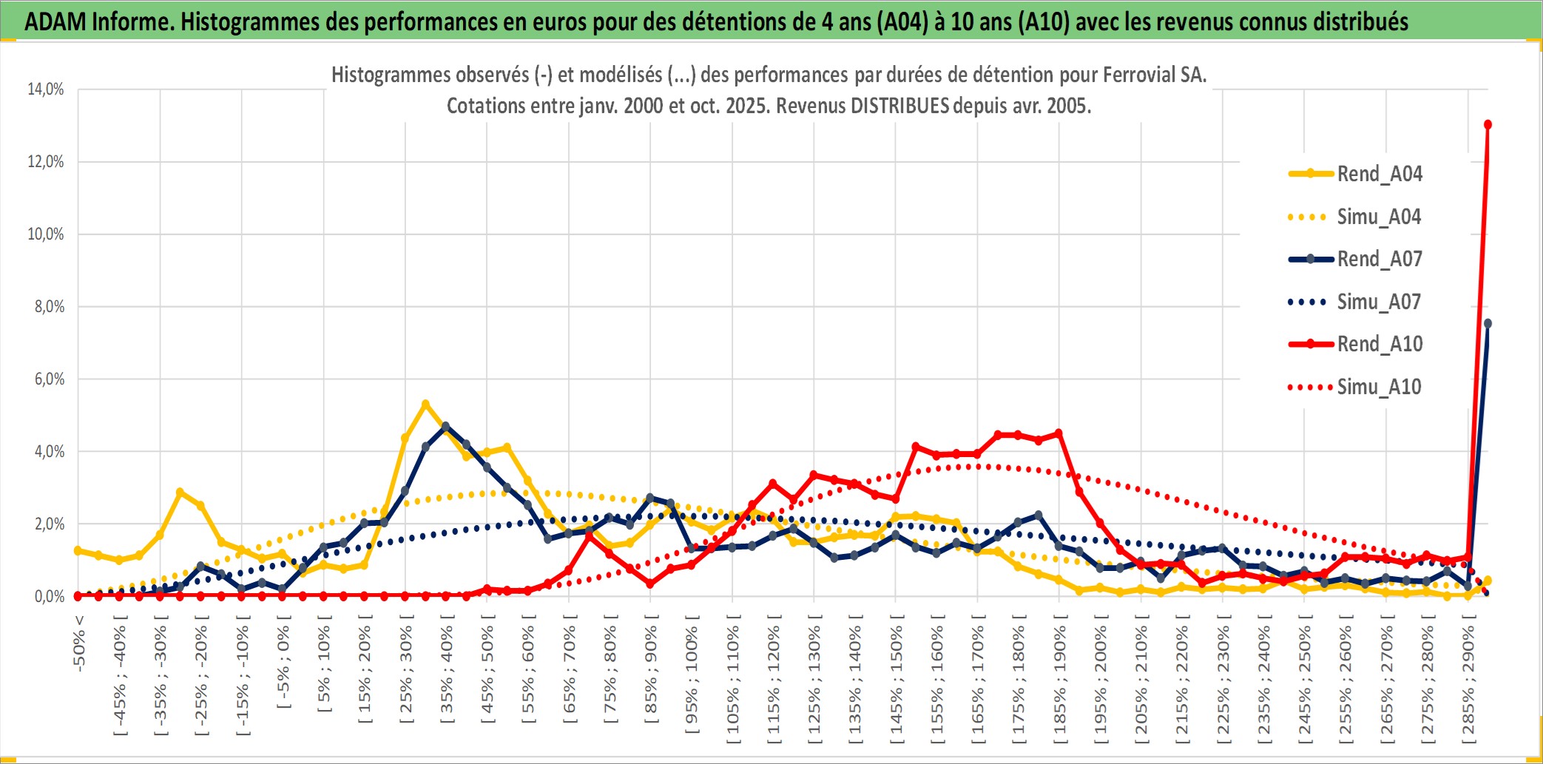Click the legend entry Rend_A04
point(1379,174)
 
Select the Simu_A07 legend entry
point(1379,302)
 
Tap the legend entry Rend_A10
point(1379,344)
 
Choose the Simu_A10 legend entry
point(1379,387)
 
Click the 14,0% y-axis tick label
point(46,89)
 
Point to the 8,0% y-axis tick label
point(49,306)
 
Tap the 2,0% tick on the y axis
point(49,524)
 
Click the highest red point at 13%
point(1488,124)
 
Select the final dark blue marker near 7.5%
point(1488,323)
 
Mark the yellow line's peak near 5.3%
point(425,404)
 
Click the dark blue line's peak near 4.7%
point(445,426)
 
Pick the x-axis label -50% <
point(79,643)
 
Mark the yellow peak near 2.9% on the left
point(180,492)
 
